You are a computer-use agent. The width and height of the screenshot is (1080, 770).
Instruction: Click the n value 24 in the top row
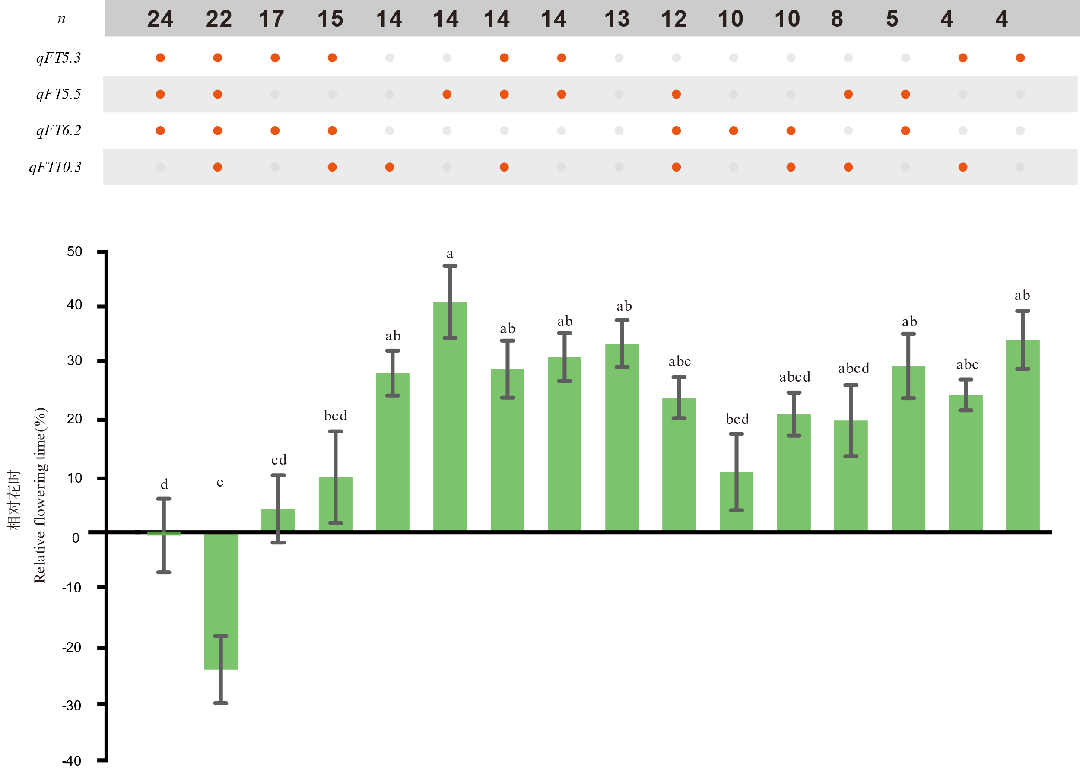[160, 19]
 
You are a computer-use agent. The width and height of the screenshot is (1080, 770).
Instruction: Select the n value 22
[219, 19]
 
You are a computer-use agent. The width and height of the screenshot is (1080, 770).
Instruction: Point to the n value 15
[330, 19]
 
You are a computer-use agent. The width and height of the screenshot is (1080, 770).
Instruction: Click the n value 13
[617, 19]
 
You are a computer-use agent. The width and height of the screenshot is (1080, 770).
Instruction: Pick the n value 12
[673, 19]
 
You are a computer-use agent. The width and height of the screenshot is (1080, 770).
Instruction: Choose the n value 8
[837, 19]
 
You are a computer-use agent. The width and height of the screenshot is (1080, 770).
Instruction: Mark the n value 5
[892, 19]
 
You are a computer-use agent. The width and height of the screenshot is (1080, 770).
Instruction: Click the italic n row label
[62, 19]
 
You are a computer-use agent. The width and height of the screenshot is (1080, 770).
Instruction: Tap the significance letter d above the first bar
[165, 484]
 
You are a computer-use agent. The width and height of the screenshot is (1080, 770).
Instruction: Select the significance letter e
[220, 482]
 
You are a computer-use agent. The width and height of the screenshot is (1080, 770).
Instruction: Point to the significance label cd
[279, 459]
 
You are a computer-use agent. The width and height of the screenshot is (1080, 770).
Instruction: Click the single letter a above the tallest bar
[450, 254]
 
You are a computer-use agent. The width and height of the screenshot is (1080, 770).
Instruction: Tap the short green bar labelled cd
[278, 519]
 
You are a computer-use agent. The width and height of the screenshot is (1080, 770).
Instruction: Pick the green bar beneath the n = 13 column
[622, 436]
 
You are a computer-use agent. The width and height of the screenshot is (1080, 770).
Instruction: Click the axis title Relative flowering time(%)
[40, 495]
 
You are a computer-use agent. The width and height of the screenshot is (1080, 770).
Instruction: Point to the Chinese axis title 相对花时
[14, 500]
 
